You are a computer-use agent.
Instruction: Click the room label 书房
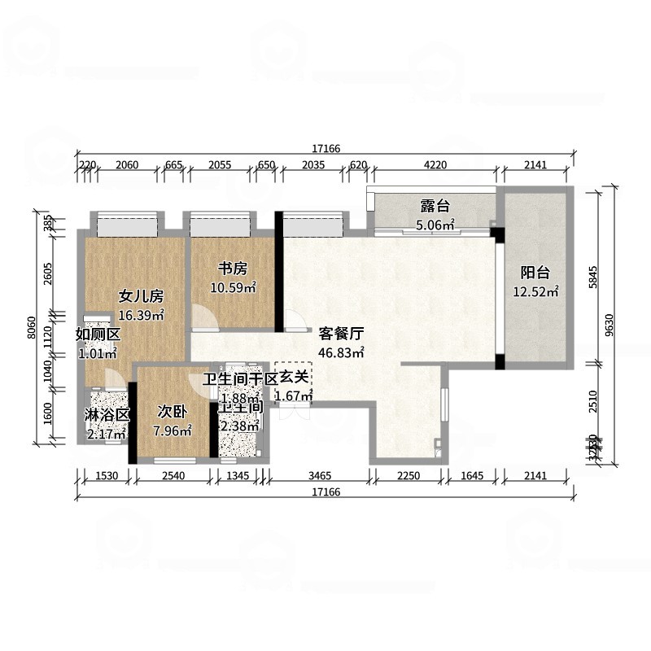point(232,269)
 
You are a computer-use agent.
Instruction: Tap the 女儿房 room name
point(142,296)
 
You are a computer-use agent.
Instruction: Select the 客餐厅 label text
point(340,334)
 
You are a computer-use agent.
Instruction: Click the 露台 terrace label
point(435,206)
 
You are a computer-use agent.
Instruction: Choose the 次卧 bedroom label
point(172,413)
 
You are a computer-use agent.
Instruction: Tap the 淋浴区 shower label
point(107,414)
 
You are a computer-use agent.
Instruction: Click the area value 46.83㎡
point(340,352)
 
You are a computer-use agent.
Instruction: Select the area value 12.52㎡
point(535,292)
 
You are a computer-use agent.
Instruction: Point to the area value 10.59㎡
point(233,287)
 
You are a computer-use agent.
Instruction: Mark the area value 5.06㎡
point(435,224)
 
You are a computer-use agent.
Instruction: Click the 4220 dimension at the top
point(436,165)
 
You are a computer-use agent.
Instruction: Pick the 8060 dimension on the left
point(30,327)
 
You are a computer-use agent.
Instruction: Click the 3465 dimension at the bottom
point(319,475)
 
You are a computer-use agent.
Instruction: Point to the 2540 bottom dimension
point(174,475)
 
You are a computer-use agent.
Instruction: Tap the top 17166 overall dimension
point(325,149)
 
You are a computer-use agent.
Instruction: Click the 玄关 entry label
point(294,378)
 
